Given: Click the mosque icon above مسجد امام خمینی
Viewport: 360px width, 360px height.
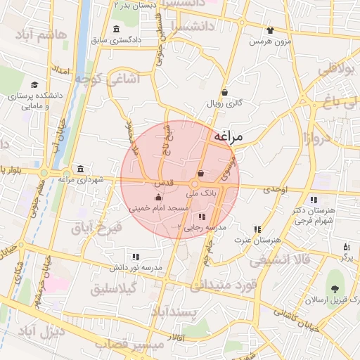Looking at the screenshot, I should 157,198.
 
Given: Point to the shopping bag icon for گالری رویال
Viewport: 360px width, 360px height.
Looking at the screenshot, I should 224,92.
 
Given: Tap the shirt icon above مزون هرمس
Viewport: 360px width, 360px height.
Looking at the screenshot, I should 270,31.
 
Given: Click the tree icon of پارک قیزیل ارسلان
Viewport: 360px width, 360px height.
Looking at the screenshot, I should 335,288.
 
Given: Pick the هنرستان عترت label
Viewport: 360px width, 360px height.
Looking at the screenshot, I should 257,240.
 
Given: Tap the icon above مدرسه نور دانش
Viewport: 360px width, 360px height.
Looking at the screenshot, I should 135,257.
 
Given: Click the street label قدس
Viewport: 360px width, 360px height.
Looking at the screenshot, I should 155,182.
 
